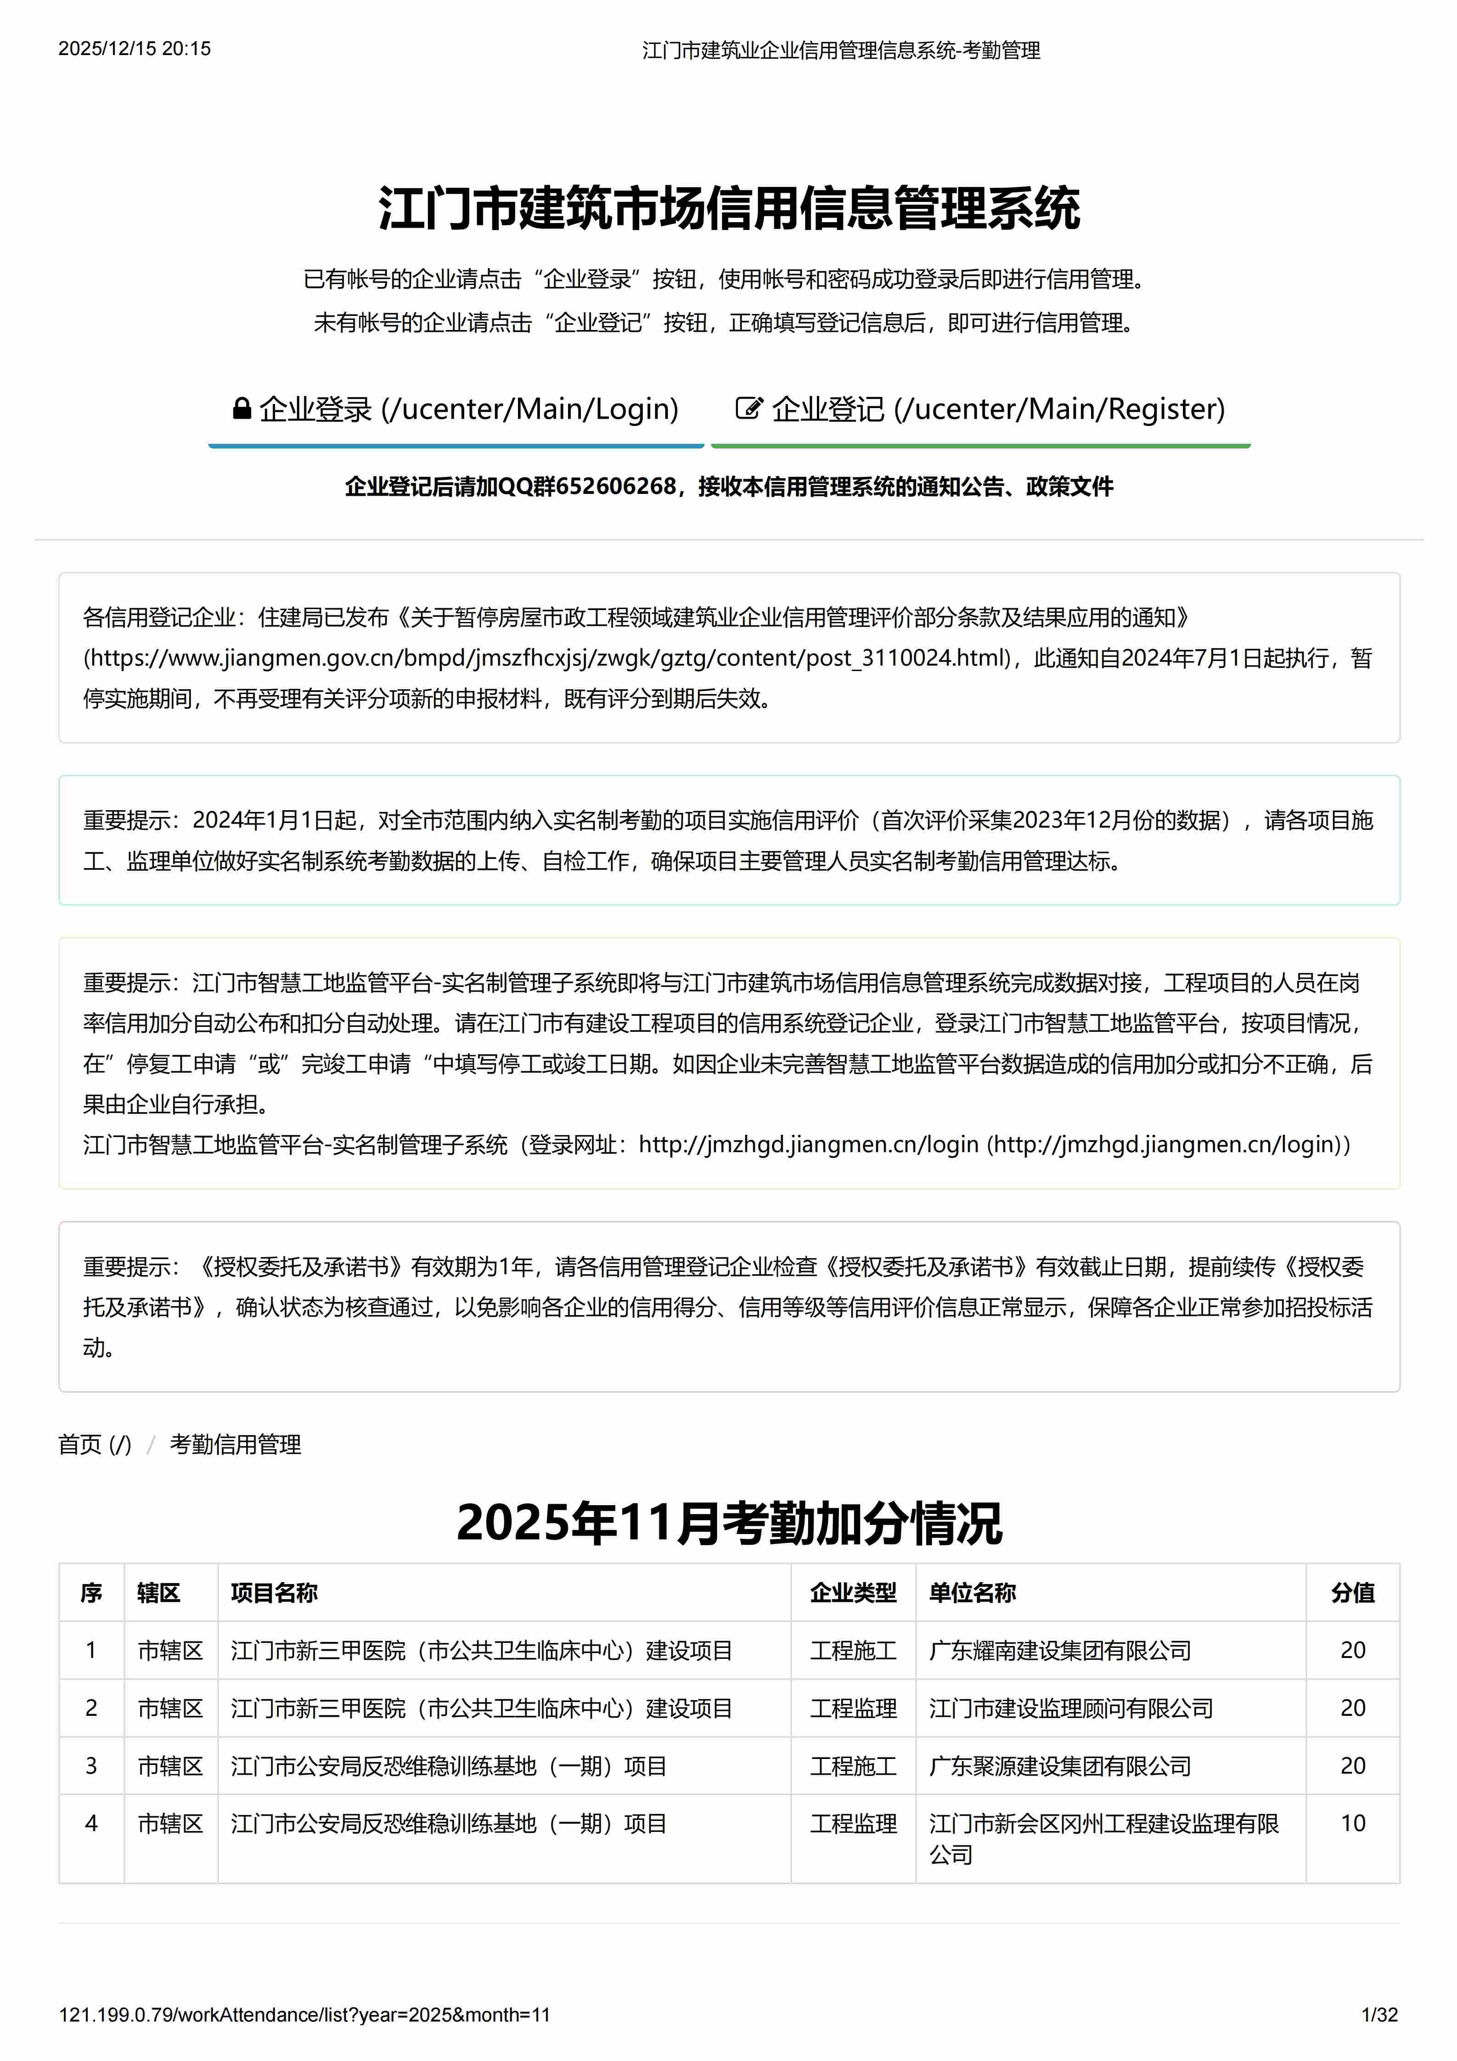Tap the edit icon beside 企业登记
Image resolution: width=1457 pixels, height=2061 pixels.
(x=748, y=409)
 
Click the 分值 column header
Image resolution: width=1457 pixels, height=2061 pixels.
(x=1352, y=1592)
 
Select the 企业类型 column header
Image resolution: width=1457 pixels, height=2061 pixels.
(x=853, y=1592)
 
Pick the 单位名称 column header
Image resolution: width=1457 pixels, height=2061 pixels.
(x=972, y=1592)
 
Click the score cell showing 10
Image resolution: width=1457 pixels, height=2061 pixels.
(x=1352, y=1823)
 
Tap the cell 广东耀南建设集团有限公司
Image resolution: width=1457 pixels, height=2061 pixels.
(x=1059, y=1650)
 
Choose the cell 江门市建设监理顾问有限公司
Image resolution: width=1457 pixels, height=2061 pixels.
(x=1070, y=1708)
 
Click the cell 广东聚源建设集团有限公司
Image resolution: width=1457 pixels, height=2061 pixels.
(x=1059, y=1766)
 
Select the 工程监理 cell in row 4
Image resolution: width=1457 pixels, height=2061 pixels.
(x=853, y=1823)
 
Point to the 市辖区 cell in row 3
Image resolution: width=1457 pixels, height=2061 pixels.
(x=169, y=1766)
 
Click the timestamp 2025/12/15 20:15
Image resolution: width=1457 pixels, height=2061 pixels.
(x=135, y=49)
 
